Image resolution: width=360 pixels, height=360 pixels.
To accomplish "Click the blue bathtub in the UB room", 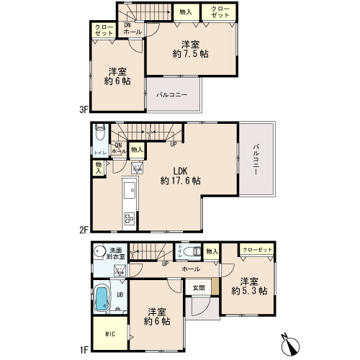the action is (102, 299).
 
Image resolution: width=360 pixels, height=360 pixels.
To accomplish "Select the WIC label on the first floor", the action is (110, 334).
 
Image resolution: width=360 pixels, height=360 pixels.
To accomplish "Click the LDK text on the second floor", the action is (180, 171).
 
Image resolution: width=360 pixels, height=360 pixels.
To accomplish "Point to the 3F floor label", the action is (84, 110).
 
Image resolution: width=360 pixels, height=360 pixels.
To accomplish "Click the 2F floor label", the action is (84, 230).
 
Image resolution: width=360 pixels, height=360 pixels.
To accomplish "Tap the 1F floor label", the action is (84, 350).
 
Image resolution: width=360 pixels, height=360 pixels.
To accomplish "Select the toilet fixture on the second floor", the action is (100, 132).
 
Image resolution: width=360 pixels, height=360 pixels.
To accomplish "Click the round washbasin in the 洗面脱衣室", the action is (99, 251).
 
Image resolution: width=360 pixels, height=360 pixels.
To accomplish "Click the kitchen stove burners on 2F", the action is (130, 218).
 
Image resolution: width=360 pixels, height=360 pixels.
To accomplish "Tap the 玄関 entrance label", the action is (199, 288).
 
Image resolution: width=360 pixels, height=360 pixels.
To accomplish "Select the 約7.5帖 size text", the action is (190, 54).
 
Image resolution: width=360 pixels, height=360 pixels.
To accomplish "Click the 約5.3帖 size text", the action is (249, 291).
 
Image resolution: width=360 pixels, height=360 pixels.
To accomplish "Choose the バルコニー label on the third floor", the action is (172, 95).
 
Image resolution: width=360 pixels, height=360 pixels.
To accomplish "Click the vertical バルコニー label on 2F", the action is (256, 159).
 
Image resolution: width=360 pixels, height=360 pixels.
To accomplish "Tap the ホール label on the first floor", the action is (191, 269).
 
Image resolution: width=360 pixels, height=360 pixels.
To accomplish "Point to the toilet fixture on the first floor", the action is (192, 252).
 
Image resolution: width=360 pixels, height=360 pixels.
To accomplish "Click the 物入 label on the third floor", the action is (186, 12).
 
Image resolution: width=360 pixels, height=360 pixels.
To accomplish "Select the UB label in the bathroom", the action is (120, 294).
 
